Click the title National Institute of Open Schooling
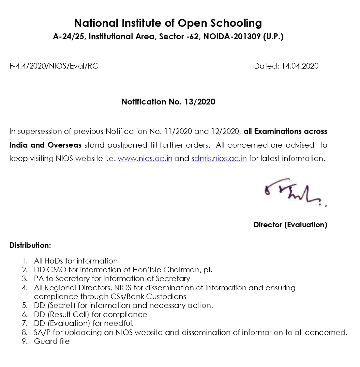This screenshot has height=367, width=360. tap(168, 23)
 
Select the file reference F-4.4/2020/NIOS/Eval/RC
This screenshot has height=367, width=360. tap(54, 66)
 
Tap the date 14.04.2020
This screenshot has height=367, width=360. tap(300, 66)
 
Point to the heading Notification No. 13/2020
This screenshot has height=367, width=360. tap(168, 102)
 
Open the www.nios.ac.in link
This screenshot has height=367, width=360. tap(145, 159)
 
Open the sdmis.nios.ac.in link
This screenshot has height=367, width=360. tap(219, 159)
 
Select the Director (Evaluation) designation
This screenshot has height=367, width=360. tap(290, 225)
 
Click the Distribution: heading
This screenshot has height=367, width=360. tap(30, 245)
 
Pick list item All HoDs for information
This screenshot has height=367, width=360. tap(76, 261)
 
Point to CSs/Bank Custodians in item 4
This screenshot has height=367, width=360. tap(156, 296)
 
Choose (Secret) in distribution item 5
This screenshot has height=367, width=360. tap(62, 306)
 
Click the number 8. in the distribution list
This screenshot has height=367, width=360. tap(25, 332)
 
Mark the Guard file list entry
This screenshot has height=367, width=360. tap(52, 341)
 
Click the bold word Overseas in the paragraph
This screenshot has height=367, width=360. tap(65, 145)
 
